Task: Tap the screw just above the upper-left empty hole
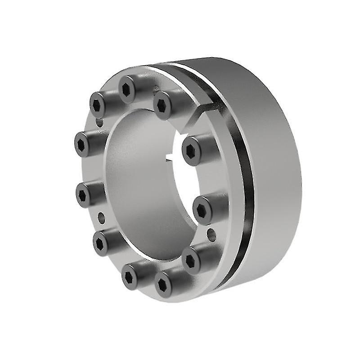(99, 104)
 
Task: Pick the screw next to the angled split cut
(164, 103)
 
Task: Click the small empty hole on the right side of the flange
(211, 233)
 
